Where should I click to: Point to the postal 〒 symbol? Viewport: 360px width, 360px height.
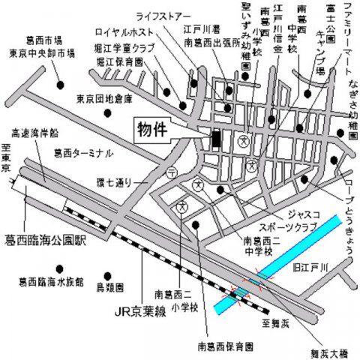[x=172, y=172]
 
